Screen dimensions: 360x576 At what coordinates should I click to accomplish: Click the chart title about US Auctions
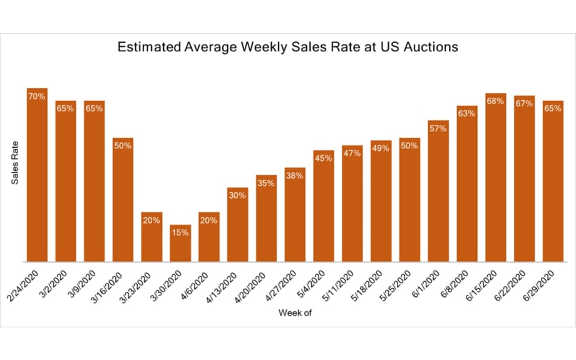288,47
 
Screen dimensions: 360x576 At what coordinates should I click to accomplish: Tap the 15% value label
180,233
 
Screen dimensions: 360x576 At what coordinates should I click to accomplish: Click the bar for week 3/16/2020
123,200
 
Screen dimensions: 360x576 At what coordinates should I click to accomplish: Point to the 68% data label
495,101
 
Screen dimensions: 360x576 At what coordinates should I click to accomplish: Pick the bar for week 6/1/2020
438,191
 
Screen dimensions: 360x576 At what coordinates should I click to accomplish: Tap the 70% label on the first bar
37,96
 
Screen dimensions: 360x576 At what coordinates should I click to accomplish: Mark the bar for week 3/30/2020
180,244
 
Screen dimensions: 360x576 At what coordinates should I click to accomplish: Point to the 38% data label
295,176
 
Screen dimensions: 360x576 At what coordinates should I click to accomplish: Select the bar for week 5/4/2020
324,207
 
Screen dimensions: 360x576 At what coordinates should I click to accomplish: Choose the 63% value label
466,113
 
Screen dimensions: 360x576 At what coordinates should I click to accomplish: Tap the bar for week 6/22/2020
524,178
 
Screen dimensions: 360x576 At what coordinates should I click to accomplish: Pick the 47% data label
352,153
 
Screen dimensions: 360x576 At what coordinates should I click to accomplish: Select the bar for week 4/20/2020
266,219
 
